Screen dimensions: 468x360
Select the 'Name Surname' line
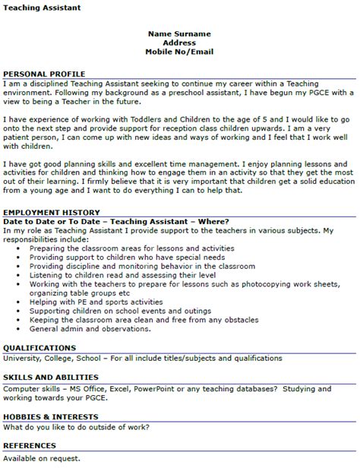179,34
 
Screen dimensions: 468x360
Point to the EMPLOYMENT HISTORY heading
51,212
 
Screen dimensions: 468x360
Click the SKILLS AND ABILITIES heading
50,377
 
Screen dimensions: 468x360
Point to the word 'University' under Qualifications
24,357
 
